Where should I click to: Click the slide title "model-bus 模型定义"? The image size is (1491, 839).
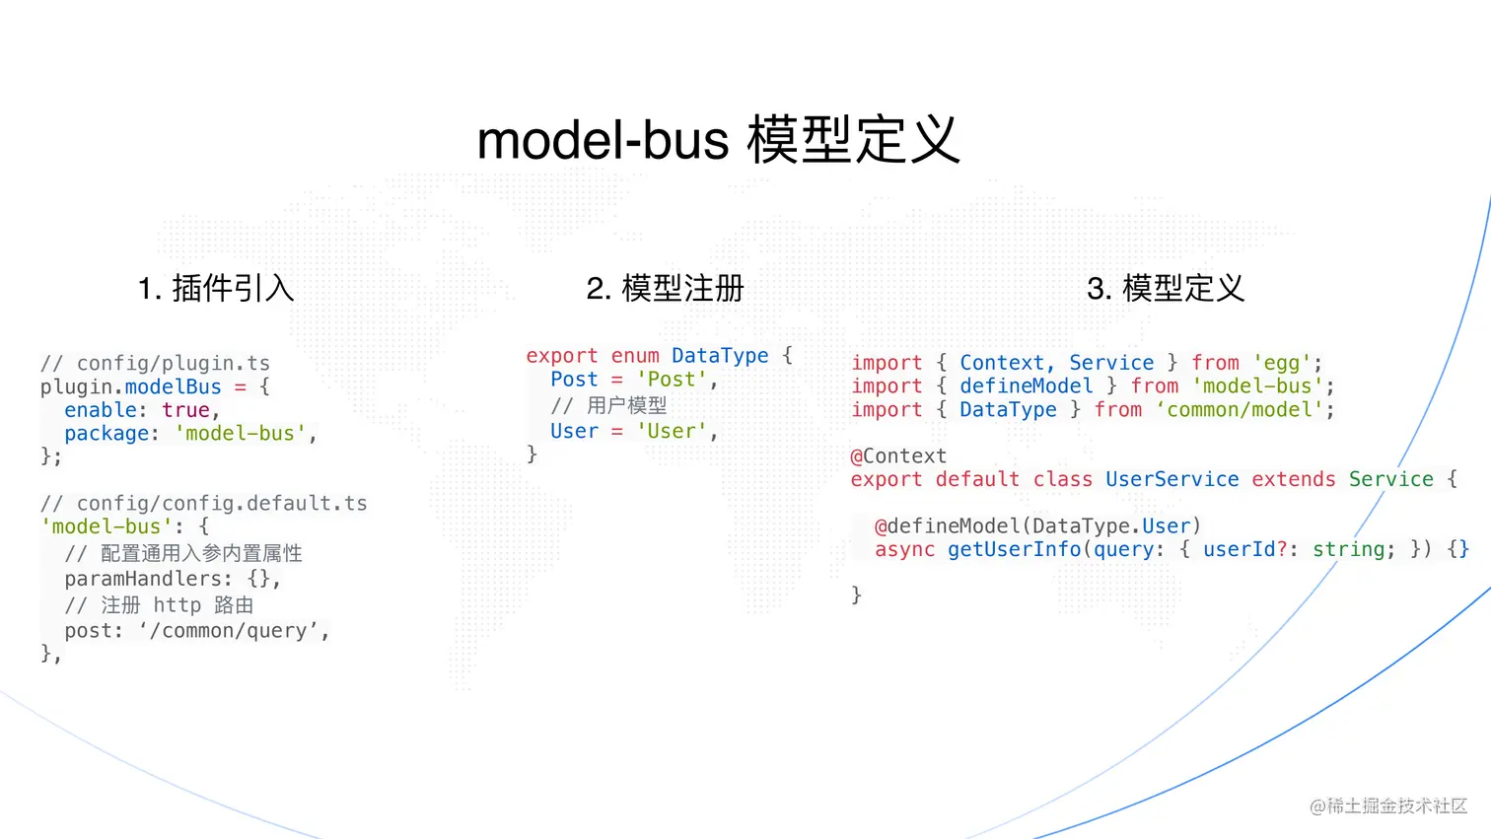(x=718, y=140)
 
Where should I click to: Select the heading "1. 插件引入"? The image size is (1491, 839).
(x=216, y=288)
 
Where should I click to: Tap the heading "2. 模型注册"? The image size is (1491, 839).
(x=665, y=288)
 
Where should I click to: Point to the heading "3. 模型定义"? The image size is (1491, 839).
(x=1165, y=288)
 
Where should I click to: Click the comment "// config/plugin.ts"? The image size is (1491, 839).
(x=155, y=364)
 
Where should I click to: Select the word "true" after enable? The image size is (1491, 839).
(x=186, y=410)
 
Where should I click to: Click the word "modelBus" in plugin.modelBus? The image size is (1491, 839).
(x=173, y=386)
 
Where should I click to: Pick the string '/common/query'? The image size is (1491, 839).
(x=233, y=631)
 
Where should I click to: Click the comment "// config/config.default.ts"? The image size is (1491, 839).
(x=203, y=504)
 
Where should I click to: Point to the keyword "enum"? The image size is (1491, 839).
(x=635, y=356)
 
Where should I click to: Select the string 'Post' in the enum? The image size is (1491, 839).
(x=672, y=380)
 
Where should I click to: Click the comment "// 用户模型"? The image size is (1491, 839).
(x=608, y=405)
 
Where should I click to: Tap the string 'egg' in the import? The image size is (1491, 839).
(x=1282, y=363)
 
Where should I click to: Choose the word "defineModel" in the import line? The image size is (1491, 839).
(x=1026, y=386)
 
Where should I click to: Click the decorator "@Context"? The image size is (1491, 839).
(x=898, y=456)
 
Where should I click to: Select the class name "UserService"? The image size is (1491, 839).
(x=1171, y=480)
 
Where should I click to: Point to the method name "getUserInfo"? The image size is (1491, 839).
(x=1014, y=549)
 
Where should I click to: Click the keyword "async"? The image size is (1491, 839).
(x=904, y=549)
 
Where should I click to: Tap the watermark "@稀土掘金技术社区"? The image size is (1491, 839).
(x=1388, y=806)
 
